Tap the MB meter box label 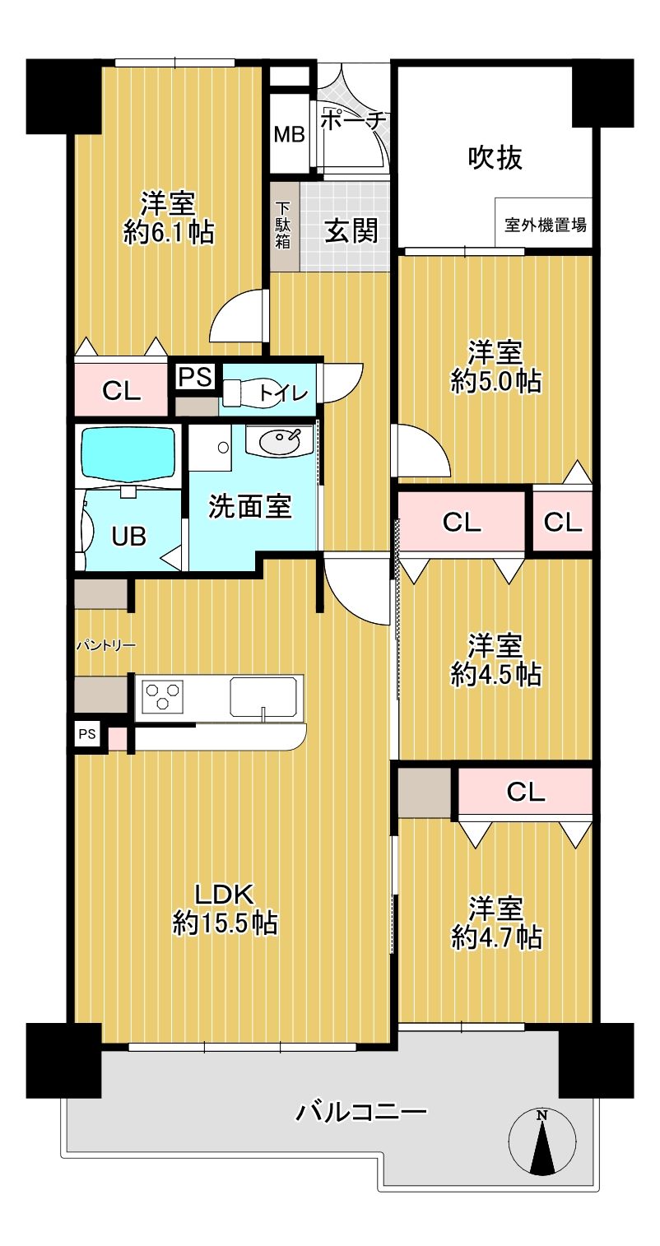click(289, 134)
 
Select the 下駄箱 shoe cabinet click(284, 225)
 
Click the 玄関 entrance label click(351, 230)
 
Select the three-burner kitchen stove click(163, 696)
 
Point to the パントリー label click(105, 645)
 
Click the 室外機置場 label click(545, 225)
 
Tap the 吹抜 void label click(495, 158)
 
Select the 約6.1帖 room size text click(169, 233)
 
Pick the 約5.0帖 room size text click(495, 382)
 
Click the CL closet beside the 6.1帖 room click(121, 390)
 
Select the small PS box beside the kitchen click(87, 734)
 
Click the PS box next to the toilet click(196, 377)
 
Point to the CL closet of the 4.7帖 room click(525, 792)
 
